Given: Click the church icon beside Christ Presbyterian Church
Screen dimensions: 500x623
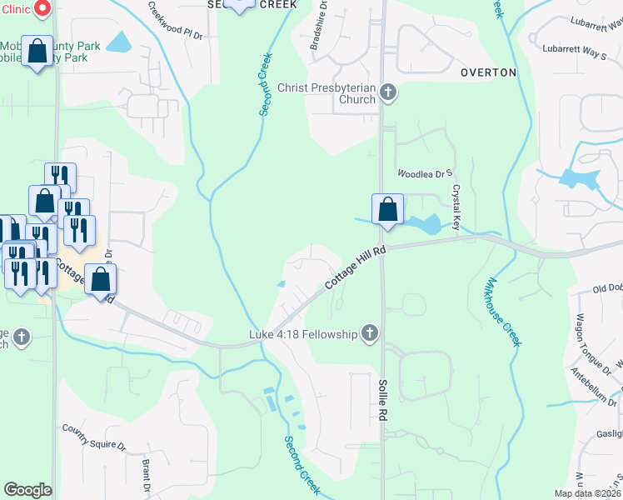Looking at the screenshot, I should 387,92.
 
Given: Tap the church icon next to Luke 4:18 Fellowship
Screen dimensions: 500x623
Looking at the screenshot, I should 370,335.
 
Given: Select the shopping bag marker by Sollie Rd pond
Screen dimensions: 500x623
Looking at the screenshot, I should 387,209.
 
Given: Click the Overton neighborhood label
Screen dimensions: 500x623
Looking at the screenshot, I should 488,72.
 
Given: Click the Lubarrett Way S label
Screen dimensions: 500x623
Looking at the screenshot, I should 574,52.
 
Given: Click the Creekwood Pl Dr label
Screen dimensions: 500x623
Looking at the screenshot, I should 176,19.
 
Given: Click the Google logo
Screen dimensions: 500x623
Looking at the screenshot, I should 27,490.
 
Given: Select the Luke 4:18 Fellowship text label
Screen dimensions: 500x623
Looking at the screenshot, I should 303,335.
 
